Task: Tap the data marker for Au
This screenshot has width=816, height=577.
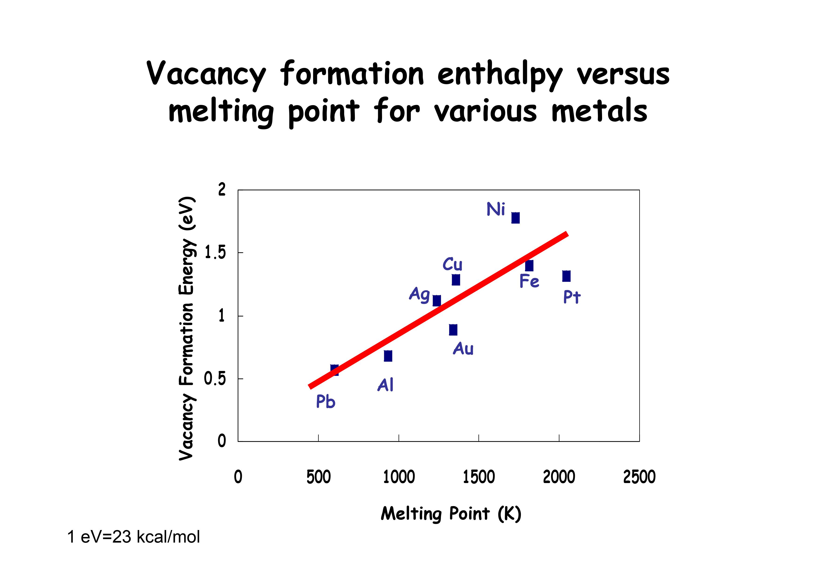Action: (x=453, y=330)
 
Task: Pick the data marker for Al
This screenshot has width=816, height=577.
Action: (x=388, y=356)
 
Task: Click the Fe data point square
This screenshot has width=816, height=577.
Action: (x=529, y=266)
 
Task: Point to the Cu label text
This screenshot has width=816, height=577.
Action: (x=453, y=264)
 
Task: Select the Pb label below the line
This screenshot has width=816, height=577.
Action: (x=326, y=402)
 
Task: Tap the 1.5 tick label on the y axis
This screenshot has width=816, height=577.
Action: (x=215, y=253)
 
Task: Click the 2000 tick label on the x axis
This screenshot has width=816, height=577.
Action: (x=559, y=477)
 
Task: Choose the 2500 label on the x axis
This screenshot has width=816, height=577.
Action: (x=639, y=477)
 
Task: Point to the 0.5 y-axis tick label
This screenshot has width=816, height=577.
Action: (x=215, y=379)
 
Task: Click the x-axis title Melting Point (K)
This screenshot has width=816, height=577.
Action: (x=451, y=514)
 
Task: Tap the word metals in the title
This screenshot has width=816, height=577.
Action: (x=599, y=111)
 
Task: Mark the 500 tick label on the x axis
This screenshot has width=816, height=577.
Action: (x=318, y=477)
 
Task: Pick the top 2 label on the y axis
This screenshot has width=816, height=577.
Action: (x=222, y=190)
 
